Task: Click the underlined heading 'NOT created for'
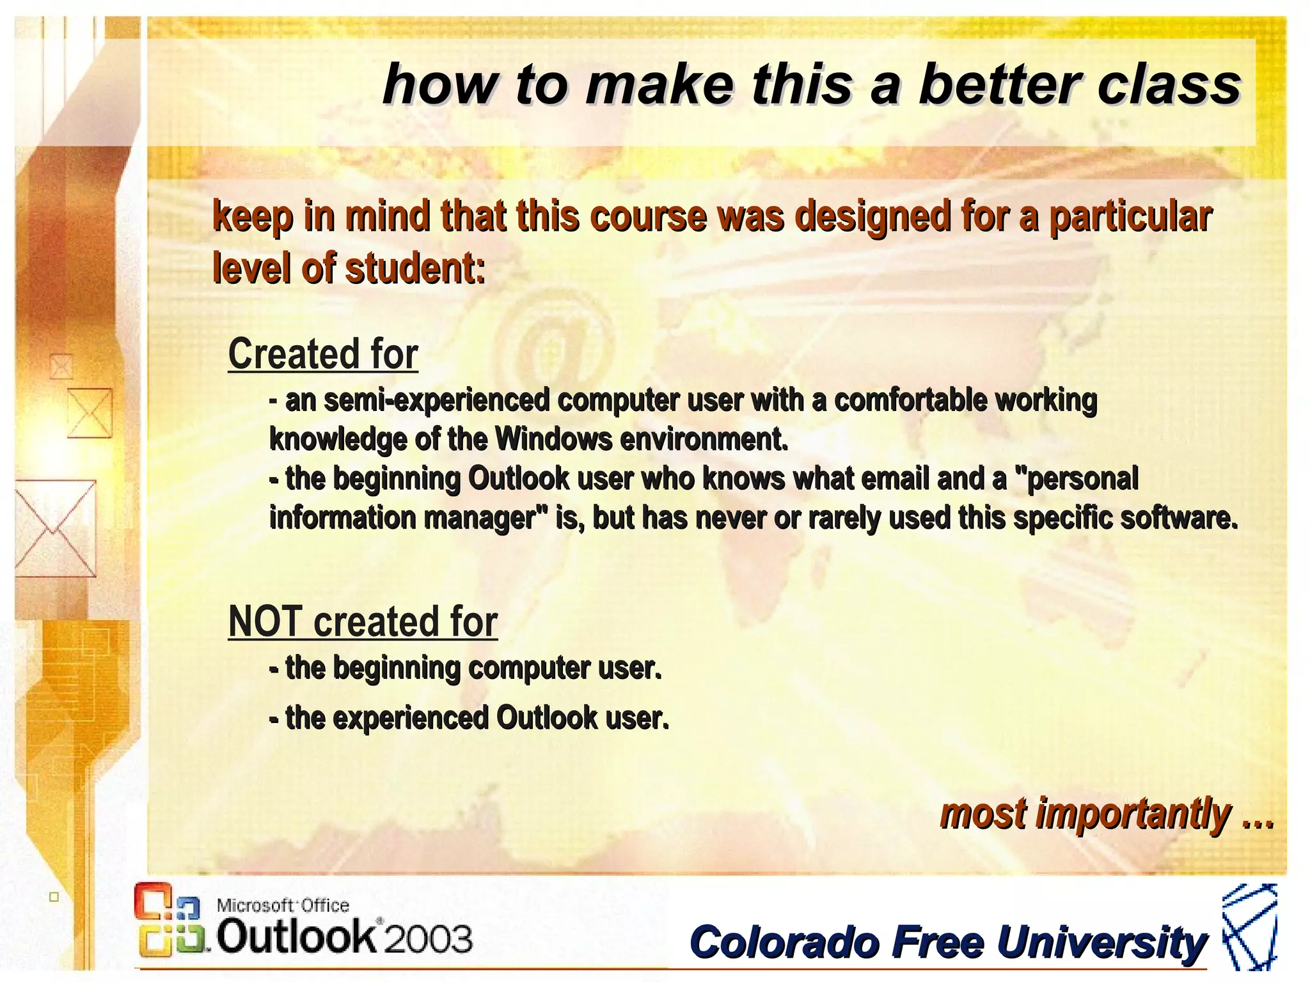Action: click(x=363, y=621)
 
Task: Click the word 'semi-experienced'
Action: click(x=437, y=400)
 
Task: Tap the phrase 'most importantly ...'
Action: click(x=1107, y=814)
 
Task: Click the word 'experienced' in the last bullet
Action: click(x=410, y=718)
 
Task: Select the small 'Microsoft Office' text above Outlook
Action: click(x=283, y=905)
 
